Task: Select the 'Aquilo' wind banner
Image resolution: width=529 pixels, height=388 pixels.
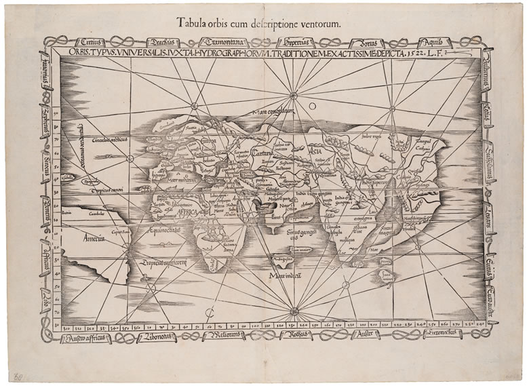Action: point(431,42)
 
